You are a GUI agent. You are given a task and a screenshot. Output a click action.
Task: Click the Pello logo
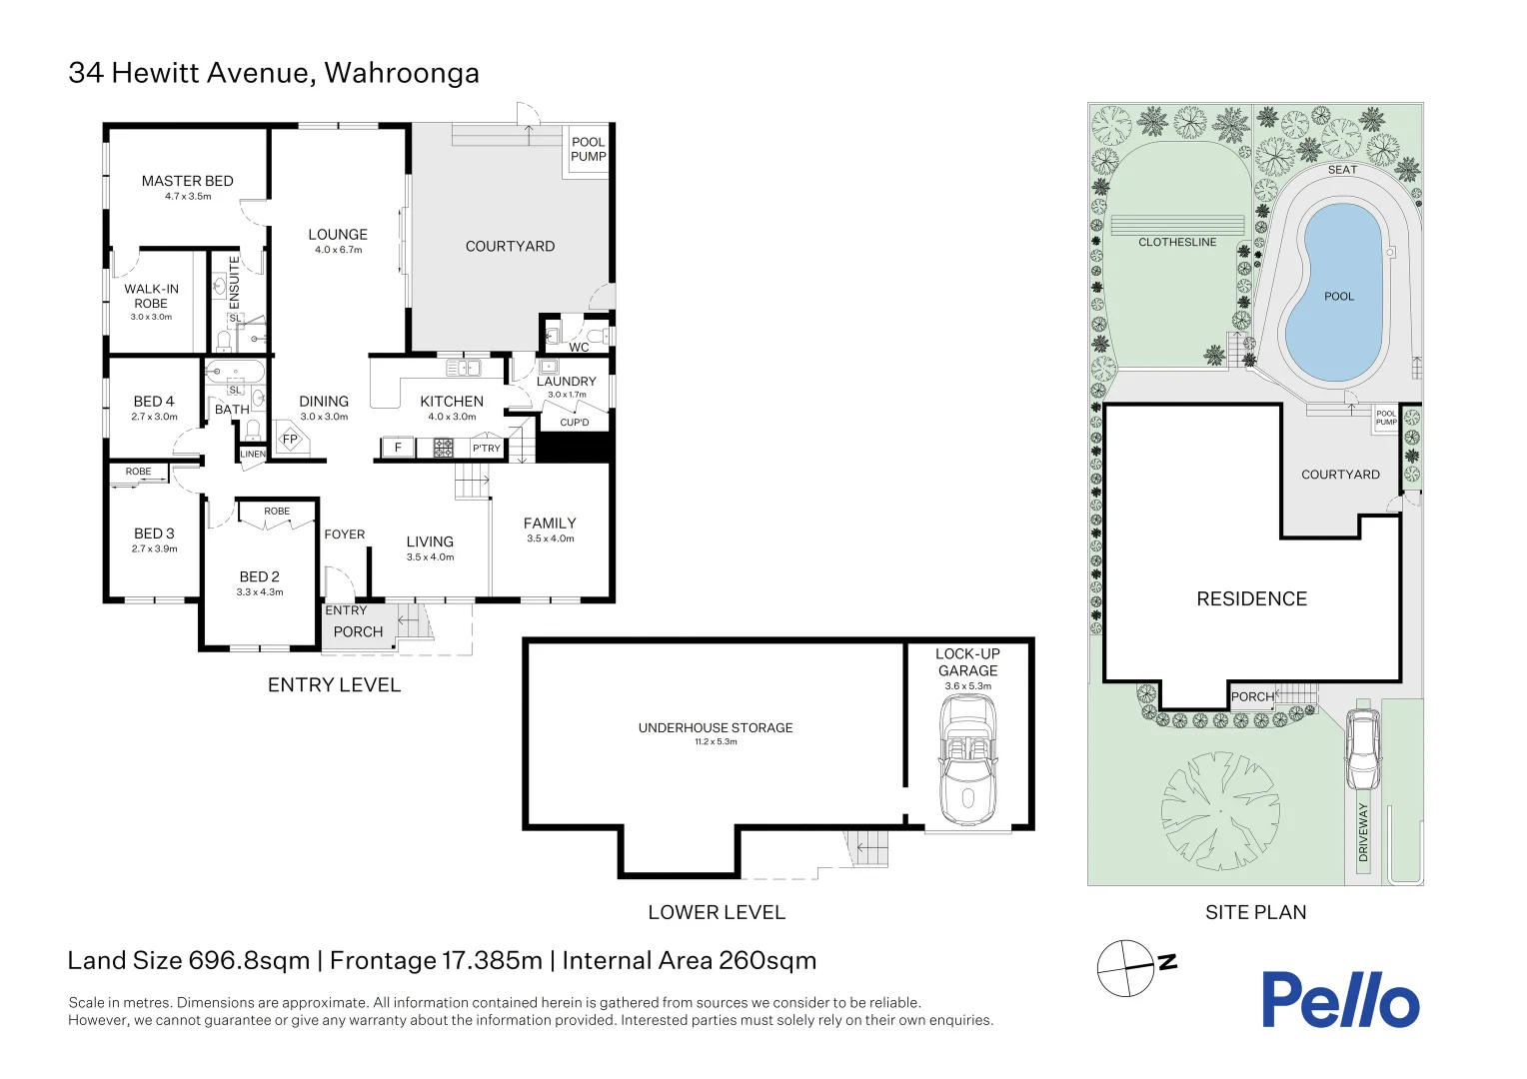[1340, 999]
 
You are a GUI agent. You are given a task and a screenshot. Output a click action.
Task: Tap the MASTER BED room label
[188, 181]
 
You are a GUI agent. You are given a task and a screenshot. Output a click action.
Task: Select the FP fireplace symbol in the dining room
[292, 439]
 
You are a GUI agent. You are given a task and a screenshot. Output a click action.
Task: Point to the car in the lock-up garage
[968, 759]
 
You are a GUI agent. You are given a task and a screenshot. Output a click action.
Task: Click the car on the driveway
[1363, 749]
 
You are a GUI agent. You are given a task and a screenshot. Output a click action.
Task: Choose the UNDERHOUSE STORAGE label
[716, 728]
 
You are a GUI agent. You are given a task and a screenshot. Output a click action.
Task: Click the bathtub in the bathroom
[235, 372]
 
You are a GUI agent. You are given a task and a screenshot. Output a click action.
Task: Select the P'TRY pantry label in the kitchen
[486, 448]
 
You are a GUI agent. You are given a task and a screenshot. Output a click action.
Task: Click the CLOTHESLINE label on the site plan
[1177, 242]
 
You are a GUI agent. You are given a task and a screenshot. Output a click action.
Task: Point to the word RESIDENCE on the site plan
[1251, 598]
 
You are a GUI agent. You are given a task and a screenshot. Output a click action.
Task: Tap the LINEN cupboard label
[253, 454]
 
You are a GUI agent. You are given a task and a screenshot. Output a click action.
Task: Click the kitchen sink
[464, 369]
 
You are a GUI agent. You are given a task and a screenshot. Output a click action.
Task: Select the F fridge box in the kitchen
[398, 448]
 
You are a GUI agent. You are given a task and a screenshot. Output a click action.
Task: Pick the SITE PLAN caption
[1256, 912]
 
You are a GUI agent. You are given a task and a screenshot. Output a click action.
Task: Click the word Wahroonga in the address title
[402, 74]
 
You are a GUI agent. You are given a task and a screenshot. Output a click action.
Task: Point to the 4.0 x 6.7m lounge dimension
[338, 250]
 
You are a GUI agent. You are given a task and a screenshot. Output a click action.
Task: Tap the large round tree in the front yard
[1220, 810]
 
